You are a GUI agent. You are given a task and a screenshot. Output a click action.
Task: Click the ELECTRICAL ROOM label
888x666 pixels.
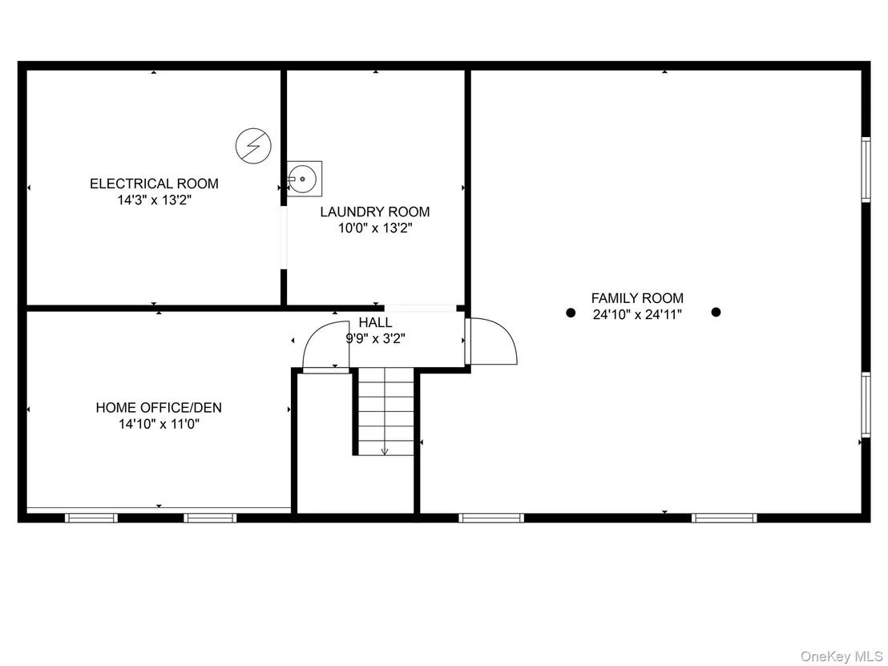click(x=154, y=184)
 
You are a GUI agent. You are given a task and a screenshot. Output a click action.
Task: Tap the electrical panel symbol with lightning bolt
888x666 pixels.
click(x=253, y=146)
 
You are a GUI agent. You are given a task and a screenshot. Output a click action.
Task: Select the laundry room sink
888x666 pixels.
click(x=304, y=179)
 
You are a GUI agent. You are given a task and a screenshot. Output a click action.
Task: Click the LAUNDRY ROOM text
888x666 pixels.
click(x=375, y=212)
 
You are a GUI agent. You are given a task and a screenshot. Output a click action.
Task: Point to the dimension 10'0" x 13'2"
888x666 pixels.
click(x=375, y=228)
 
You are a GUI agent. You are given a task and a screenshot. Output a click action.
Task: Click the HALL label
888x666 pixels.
click(x=375, y=322)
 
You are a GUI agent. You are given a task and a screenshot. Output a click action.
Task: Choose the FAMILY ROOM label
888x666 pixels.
click(x=637, y=298)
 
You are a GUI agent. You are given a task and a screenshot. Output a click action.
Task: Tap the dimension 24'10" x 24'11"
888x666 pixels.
click(x=637, y=314)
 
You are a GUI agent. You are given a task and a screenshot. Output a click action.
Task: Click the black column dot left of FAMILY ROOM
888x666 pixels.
click(x=571, y=313)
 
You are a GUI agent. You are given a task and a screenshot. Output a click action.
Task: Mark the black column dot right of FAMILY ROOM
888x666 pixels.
click(x=716, y=312)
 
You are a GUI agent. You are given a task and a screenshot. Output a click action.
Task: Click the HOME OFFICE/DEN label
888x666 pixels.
click(x=159, y=407)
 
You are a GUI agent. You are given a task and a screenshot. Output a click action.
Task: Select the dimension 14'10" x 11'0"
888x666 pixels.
click(x=159, y=424)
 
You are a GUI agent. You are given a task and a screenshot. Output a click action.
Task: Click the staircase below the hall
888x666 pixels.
click(x=385, y=411)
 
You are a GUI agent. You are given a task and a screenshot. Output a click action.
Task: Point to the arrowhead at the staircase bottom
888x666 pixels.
click(x=385, y=451)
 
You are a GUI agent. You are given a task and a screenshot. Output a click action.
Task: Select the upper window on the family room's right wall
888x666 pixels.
click(x=866, y=169)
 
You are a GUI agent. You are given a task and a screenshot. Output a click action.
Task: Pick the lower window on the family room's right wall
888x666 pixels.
click(x=866, y=405)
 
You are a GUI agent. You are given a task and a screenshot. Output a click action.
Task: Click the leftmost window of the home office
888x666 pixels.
click(x=91, y=518)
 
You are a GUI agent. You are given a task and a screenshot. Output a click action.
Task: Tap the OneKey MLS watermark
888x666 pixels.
click(x=841, y=656)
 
